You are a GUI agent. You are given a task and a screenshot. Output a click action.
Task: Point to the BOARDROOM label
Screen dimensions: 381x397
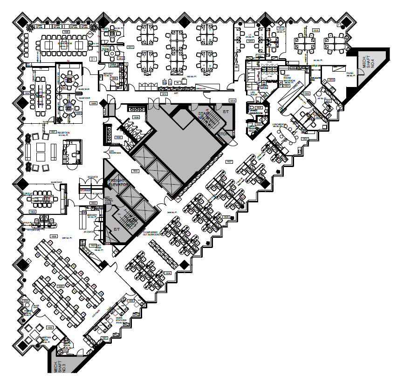coord(65,43)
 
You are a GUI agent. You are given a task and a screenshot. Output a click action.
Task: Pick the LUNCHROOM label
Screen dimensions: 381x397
coord(280,124)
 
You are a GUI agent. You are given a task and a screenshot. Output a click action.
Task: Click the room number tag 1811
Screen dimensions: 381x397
coord(131,47)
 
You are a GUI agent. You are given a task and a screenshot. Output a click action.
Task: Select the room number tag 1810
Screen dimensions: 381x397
coord(164,94)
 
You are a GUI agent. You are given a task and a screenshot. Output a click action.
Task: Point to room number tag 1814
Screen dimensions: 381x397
coord(233,101)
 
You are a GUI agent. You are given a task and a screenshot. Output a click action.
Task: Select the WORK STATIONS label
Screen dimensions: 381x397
coord(122,320)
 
